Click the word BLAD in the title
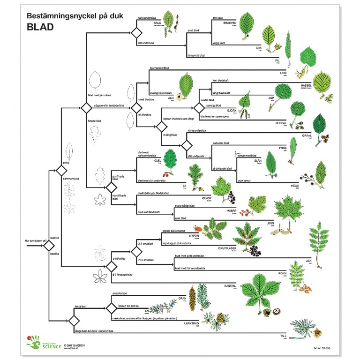click(x=39, y=26)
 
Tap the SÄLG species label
click(x=157, y=22)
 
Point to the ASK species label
click(x=308, y=261)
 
